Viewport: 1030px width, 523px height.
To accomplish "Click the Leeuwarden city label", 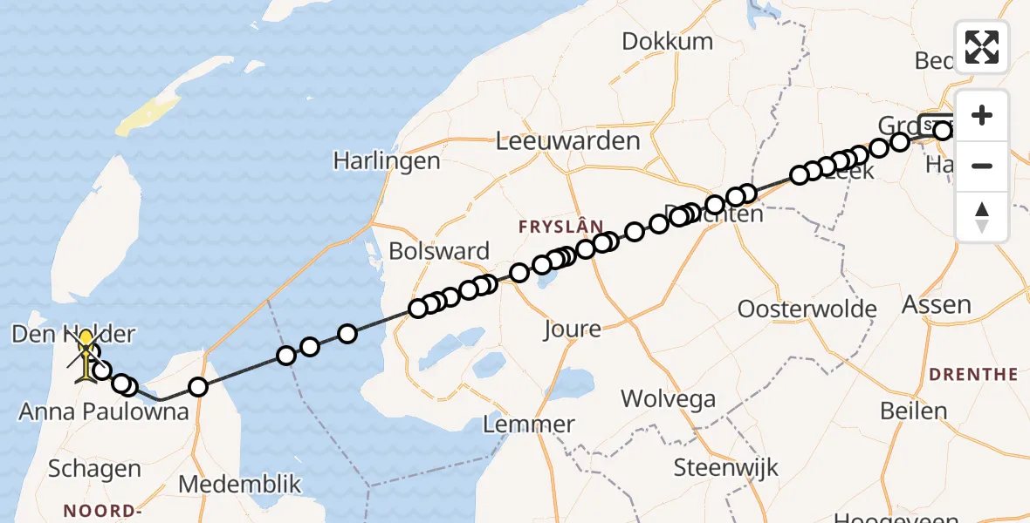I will click(x=567, y=140).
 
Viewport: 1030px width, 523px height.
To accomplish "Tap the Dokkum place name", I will click(x=667, y=41).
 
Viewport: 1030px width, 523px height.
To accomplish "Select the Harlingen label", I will click(x=387, y=161).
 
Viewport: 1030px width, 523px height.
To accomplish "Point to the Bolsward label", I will click(x=438, y=252).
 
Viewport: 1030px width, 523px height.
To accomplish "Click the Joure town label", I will click(x=572, y=329).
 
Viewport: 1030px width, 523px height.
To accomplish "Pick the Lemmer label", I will click(x=529, y=425).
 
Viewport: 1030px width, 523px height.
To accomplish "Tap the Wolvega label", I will click(x=668, y=399).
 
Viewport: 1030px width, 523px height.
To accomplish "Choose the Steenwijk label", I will click(x=725, y=468).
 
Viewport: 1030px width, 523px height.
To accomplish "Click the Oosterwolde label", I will click(x=807, y=309).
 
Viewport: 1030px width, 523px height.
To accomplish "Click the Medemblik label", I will click(x=239, y=485).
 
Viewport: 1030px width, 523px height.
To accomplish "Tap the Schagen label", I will click(x=94, y=469).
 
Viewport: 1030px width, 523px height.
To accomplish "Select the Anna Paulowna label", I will click(x=104, y=411).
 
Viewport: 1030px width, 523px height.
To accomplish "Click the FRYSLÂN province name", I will click(x=560, y=227).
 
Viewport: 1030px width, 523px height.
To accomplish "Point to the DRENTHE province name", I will click(x=973, y=374).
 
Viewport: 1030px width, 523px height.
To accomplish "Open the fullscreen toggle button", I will click(x=982, y=47).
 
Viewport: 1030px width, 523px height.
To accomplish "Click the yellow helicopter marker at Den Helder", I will click(x=86, y=357).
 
